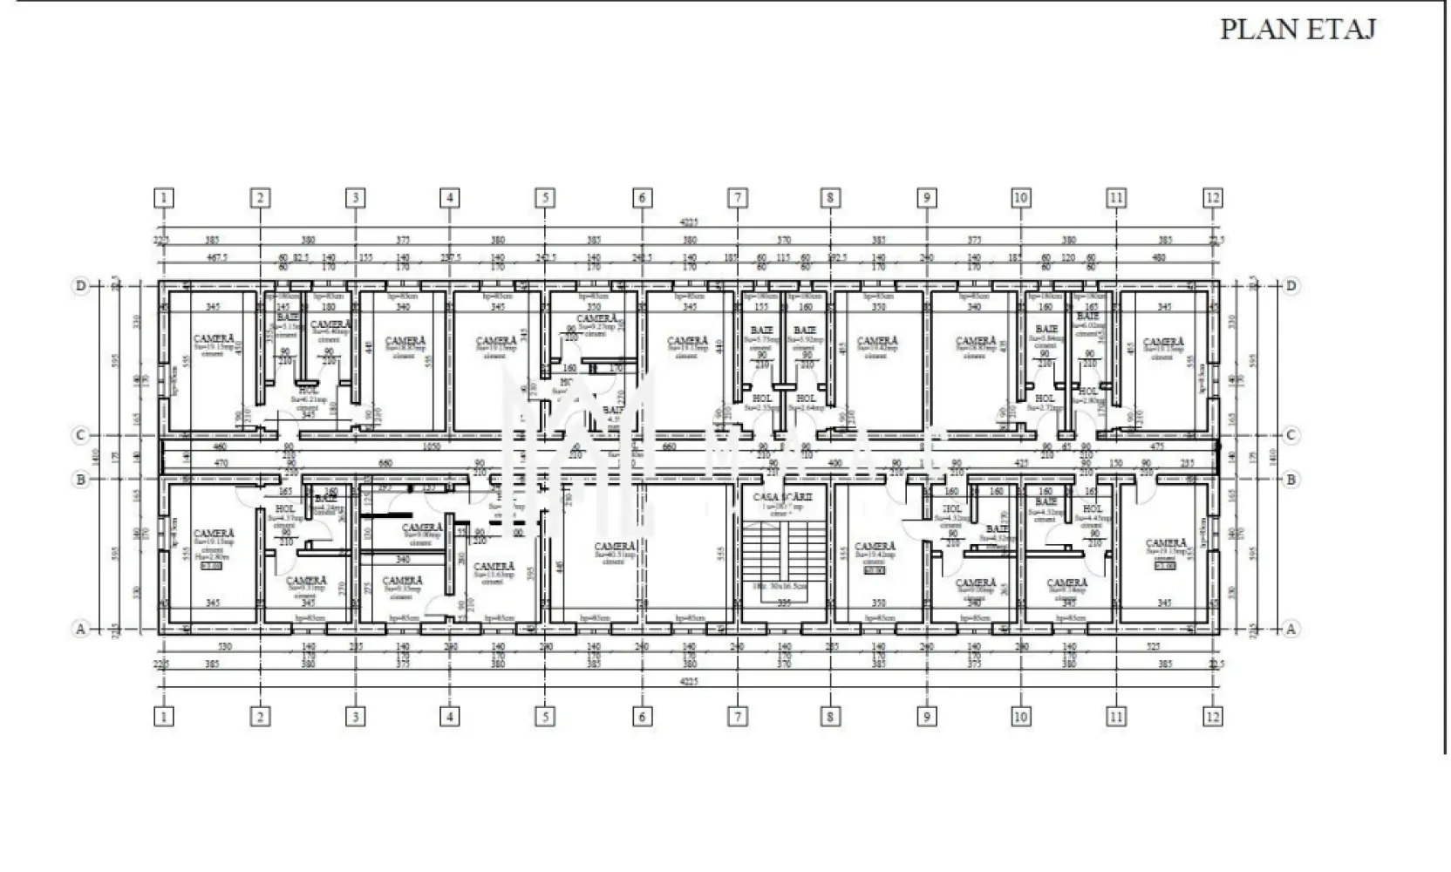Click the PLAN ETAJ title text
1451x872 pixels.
click(x=1297, y=29)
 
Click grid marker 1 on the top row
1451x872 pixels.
click(x=163, y=198)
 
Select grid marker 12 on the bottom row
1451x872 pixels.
click(x=1212, y=717)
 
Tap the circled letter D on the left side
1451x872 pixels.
click(x=81, y=285)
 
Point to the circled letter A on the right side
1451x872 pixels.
click(x=1291, y=628)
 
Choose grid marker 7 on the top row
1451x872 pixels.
click(x=737, y=198)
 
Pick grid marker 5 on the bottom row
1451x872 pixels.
click(x=545, y=717)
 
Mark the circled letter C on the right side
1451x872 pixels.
click(x=1291, y=435)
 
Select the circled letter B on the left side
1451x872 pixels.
click(x=81, y=479)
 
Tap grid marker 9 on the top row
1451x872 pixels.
click(x=926, y=198)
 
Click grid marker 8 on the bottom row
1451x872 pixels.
click(x=830, y=717)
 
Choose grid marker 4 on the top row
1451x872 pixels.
click(x=450, y=198)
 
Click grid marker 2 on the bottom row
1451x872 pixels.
click(x=260, y=717)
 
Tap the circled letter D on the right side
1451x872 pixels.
click(x=1291, y=285)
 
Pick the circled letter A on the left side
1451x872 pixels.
click(x=81, y=628)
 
